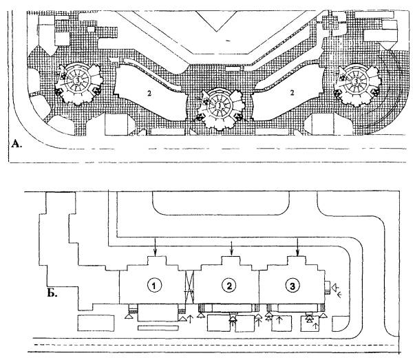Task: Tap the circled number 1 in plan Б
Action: (x=156, y=284)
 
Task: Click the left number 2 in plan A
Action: (x=147, y=91)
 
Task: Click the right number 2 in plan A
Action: (x=292, y=91)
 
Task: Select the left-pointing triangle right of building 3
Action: (x=334, y=285)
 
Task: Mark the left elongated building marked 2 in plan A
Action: (x=148, y=96)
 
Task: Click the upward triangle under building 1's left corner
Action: (x=128, y=317)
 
